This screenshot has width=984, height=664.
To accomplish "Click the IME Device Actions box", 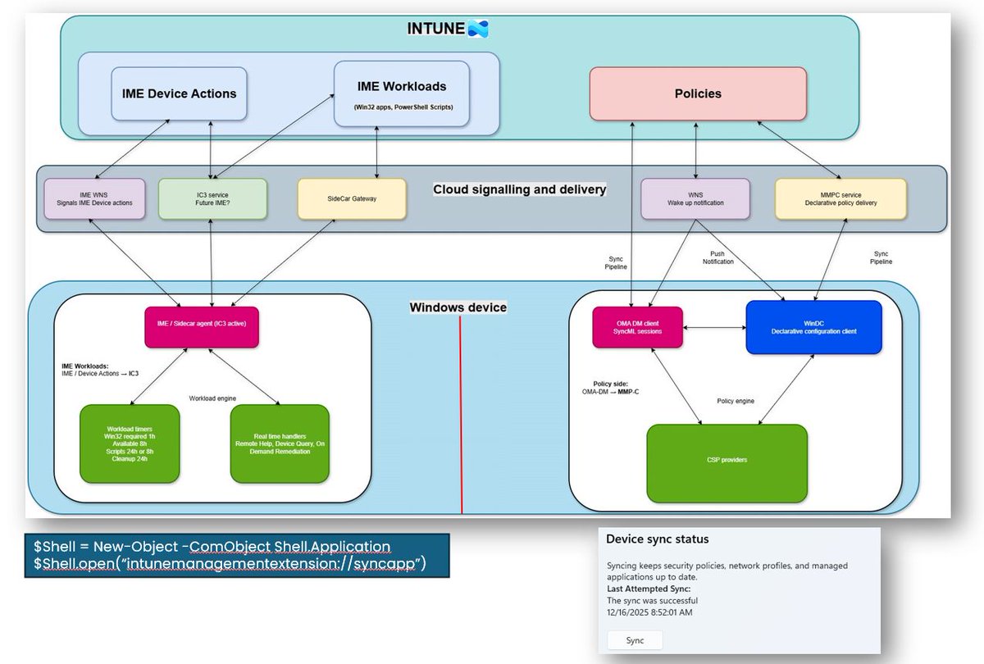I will click(x=173, y=93).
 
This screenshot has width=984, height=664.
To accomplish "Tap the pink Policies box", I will click(x=698, y=94).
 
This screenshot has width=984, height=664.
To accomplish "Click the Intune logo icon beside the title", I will click(x=477, y=30).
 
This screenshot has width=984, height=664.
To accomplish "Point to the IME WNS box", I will click(x=94, y=198).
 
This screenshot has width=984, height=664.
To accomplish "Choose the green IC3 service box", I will click(x=212, y=198).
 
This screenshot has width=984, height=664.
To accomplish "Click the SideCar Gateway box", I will click(x=351, y=199).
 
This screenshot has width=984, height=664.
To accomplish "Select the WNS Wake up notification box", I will click(x=695, y=198).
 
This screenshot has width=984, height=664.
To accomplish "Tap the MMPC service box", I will click(x=840, y=198).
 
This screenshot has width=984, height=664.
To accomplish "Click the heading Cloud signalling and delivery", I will click(x=519, y=189).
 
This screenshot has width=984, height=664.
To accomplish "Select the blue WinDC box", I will click(x=813, y=326).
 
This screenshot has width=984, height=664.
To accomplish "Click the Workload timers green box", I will click(x=129, y=443).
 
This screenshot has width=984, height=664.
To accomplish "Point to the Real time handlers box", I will click(x=280, y=443).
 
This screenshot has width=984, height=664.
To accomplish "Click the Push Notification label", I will click(x=717, y=257).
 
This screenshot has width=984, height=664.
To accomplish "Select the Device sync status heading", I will click(x=657, y=539).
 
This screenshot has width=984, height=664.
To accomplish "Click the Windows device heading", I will click(x=458, y=307).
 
